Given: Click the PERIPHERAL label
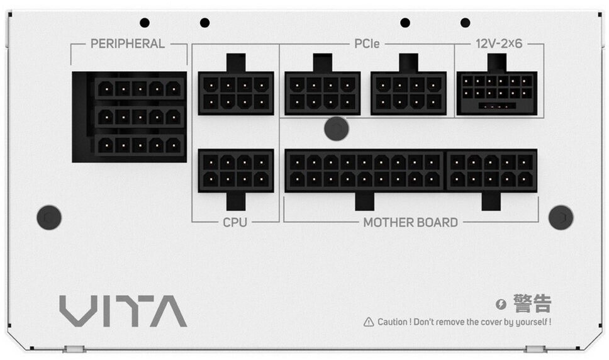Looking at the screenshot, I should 128,44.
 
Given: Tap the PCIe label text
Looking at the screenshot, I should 367,44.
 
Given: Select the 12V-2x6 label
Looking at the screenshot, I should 499,44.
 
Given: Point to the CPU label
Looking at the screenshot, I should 235,222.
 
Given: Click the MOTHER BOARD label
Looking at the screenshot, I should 411,222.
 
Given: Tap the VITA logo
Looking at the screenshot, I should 123,312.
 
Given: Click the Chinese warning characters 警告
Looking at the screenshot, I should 532,303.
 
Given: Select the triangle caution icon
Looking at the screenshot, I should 369,322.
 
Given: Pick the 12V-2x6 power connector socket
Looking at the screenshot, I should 497,93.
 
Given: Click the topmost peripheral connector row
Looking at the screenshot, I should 139,89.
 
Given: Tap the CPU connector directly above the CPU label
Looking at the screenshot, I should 236,170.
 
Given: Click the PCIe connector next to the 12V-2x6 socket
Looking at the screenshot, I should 408,93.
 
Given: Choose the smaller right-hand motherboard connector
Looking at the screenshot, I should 491,170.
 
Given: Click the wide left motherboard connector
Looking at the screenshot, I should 365,170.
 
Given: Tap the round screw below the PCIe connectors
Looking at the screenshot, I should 337,128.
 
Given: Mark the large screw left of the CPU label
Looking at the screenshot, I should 49,217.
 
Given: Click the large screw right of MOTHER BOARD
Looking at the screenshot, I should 561,217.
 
